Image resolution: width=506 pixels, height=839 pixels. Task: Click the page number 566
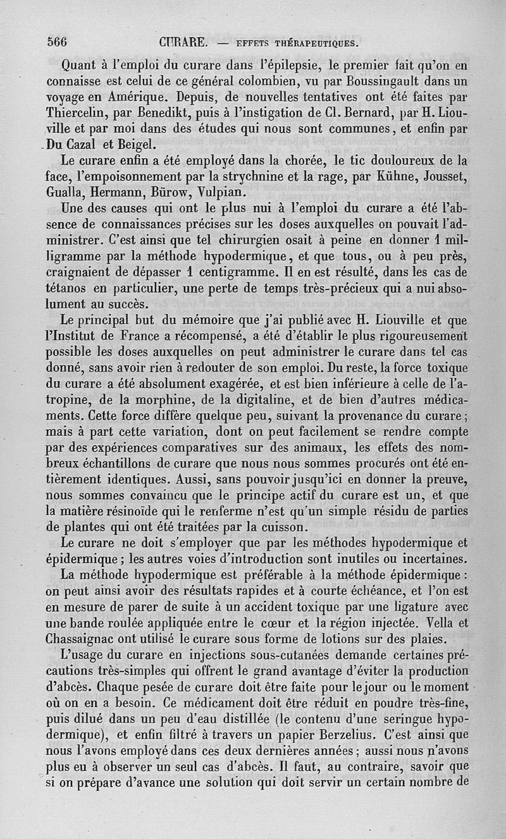[x=58, y=42]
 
